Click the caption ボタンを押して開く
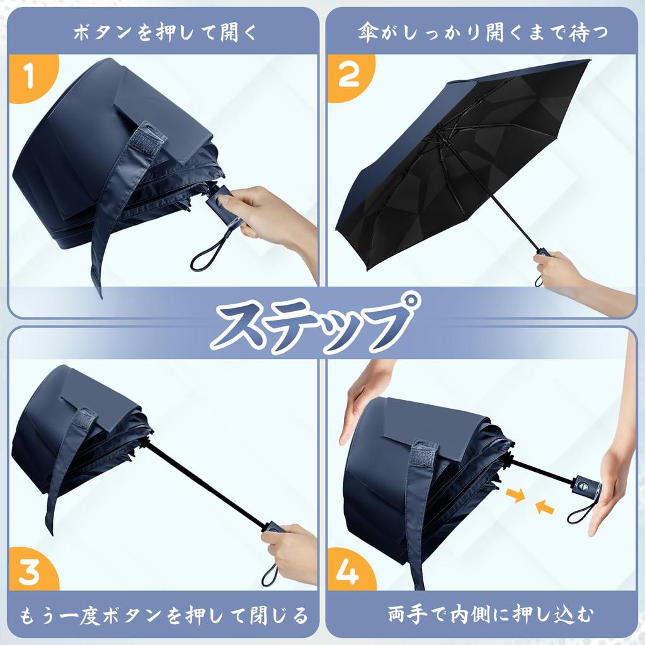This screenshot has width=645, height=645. (164, 32)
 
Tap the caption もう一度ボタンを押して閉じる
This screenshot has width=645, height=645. (164, 614)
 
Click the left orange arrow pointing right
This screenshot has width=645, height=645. (516, 497)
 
